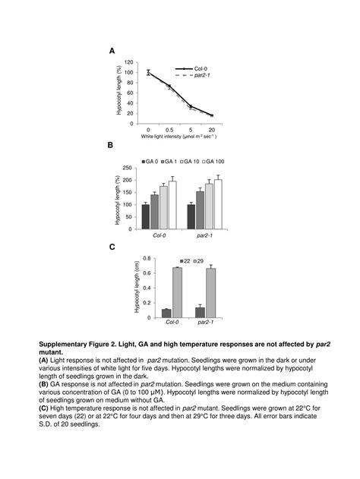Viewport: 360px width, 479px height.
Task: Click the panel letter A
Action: (x=112, y=51)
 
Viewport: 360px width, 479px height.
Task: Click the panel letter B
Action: (x=110, y=145)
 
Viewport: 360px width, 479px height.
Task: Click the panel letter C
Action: (x=112, y=247)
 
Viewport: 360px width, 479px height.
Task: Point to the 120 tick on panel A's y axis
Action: (x=128, y=62)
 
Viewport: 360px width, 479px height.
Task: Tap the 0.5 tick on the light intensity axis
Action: (x=169, y=130)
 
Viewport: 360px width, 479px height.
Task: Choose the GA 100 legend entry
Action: (x=214, y=162)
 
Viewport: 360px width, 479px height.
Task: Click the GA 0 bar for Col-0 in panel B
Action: (x=146, y=216)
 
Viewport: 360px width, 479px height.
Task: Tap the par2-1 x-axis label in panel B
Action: (x=204, y=235)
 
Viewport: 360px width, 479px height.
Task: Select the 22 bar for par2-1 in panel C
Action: (x=200, y=312)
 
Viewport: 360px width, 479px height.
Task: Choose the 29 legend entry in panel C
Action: (x=199, y=260)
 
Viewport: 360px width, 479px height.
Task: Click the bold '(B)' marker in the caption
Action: (x=45, y=383)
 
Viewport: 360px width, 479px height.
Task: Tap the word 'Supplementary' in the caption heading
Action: (x=65, y=343)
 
